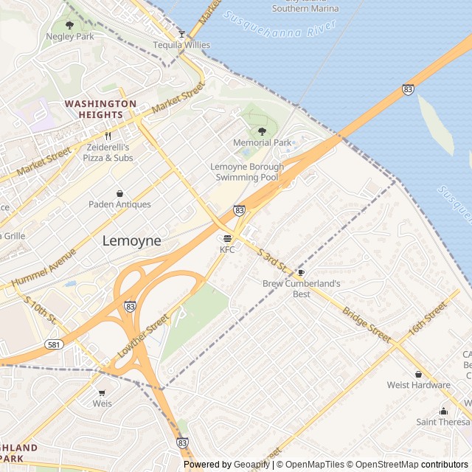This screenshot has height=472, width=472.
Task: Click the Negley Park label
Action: coord(70,36)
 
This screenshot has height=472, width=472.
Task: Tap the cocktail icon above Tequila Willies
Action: coord(181,34)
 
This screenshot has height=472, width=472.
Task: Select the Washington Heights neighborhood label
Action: coord(100,109)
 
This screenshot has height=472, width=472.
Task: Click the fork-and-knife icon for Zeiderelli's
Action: coord(108,136)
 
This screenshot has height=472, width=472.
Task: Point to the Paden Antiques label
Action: coord(119,204)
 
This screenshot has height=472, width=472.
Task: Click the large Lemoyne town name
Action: coord(131,240)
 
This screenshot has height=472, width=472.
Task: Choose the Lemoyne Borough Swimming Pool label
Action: coord(246,172)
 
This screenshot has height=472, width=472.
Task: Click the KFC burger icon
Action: coord(227,238)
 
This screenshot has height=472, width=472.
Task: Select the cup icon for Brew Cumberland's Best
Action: coord(301,272)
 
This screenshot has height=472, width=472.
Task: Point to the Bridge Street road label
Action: coord(366,324)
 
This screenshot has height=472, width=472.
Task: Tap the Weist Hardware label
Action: coord(418,385)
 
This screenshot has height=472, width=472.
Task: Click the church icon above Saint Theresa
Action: coord(442,411)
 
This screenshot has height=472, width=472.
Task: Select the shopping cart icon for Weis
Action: coord(102,392)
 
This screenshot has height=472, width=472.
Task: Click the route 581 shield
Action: coord(52,344)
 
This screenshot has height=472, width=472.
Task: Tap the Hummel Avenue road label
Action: coord(45,268)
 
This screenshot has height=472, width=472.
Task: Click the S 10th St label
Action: coord(41,310)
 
